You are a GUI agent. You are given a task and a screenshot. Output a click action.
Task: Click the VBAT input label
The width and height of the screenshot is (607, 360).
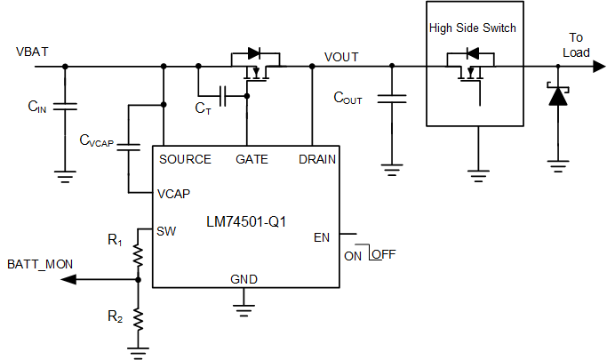click(x=31, y=52)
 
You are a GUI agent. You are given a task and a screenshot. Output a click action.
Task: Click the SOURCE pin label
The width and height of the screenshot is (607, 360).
click(x=185, y=159)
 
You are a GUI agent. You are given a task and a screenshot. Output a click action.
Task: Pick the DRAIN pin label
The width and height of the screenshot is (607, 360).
click(x=316, y=159)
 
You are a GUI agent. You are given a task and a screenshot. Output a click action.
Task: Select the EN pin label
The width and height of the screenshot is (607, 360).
click(x=322, y=238)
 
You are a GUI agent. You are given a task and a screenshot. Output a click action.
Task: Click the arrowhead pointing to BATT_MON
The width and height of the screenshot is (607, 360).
click(x=68, y=279)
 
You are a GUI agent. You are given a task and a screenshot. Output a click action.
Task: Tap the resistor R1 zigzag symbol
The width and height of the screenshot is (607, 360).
click(x=138, y=255)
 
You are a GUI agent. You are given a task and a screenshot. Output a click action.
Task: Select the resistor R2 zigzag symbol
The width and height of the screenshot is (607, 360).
click(x=138, y=316)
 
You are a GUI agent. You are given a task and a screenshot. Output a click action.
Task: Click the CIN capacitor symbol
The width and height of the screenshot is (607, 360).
click(x=64, y=107)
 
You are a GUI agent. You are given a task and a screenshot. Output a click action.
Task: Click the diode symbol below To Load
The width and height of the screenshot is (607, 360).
click(x=557, y=94)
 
